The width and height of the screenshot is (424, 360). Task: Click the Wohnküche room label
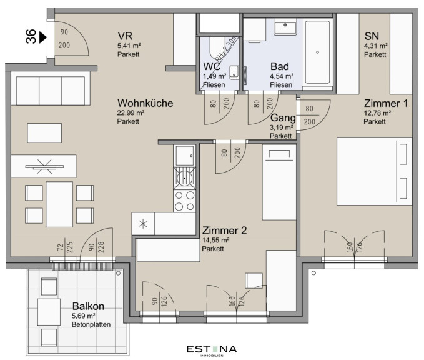pos(145,103)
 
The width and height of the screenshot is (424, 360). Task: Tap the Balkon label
pos(88,306)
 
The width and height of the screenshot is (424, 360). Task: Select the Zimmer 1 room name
pos(386,103)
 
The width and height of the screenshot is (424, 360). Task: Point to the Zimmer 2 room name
pos(224,231)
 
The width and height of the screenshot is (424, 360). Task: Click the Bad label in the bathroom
pos(280,66)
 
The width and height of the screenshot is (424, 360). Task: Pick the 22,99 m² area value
pos(131,112)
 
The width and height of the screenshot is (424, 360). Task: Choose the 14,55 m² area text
pos(216,240)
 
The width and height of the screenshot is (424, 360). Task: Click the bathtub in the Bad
pos(317,52)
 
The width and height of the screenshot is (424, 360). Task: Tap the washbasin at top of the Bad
pos(285,27)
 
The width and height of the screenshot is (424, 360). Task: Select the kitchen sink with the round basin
pos(185,178)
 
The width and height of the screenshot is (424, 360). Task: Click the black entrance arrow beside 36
pos(43,37)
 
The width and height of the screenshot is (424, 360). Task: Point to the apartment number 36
pos(31,36)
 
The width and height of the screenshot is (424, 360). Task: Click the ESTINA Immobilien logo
pos(212,351)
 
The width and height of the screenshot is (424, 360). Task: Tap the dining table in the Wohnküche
pos(59,204)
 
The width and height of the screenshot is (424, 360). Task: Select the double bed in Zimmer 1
pos(374,171)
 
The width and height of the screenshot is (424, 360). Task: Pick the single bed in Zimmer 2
pos(279,182)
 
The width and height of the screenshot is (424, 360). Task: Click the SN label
pos(372,36)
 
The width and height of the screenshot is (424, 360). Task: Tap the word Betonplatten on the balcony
pos(91,324)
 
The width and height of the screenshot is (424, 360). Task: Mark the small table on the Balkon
pos(49,312)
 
